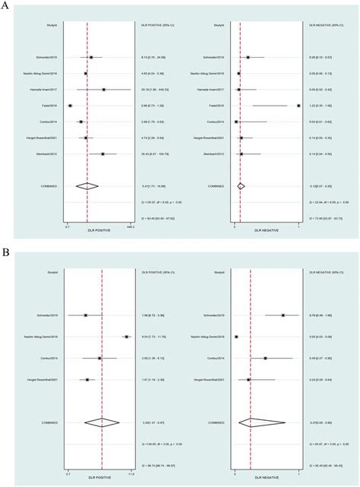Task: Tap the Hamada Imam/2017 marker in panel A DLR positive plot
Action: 103,89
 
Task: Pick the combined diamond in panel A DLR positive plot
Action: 87,185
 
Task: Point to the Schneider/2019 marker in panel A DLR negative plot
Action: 248,57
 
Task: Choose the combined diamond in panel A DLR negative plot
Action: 241,185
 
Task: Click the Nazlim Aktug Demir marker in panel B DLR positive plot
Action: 126,337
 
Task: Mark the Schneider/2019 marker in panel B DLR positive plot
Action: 86,315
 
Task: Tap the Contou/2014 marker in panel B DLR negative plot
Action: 265,358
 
